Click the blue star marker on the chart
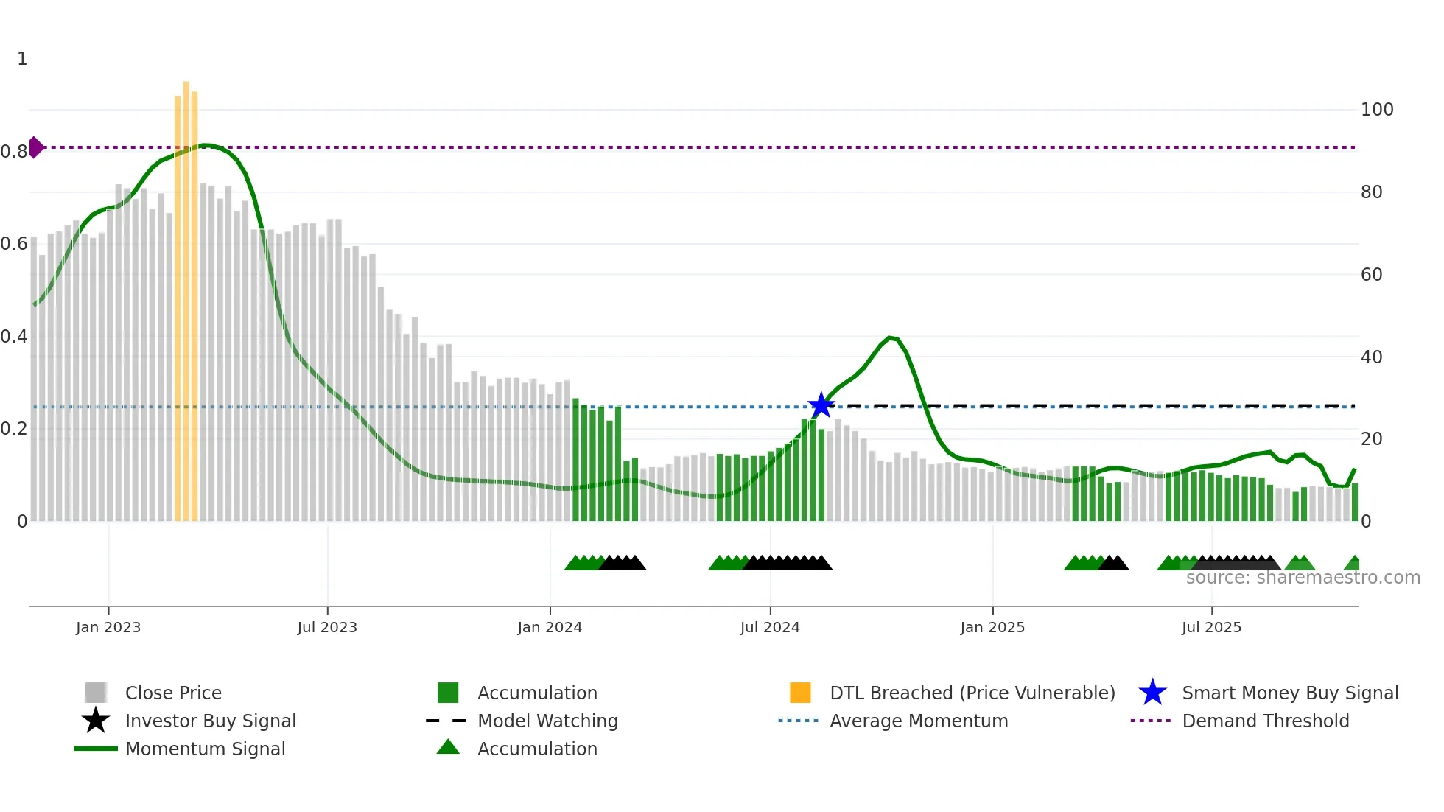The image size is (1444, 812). [x=821, y=405]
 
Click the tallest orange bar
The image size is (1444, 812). [x=186, y=295]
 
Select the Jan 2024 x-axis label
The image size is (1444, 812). [x=550, y=627]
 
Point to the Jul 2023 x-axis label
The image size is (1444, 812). [x=327, y=627]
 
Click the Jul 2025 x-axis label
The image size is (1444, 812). [x=1211, y=627]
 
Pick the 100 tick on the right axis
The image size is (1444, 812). [x=1376, y=110]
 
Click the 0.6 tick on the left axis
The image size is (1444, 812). [x=14, y=244]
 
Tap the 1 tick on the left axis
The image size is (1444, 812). [x=22, y=59]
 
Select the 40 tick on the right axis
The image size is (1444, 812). [x=1371, y=357]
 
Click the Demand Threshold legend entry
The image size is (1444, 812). [x=1265, y=721]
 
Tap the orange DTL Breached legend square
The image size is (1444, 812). [x=800, y=693]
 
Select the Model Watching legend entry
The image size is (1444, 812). [x=547, y=721]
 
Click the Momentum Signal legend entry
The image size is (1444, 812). [x=205, y=749]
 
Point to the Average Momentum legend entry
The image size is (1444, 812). [x=918, y=721]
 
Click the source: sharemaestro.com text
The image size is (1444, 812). [x=1303, y=578]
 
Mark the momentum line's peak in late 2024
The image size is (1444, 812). [x=891, y=337]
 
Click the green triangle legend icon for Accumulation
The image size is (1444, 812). [x=448, y=747]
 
